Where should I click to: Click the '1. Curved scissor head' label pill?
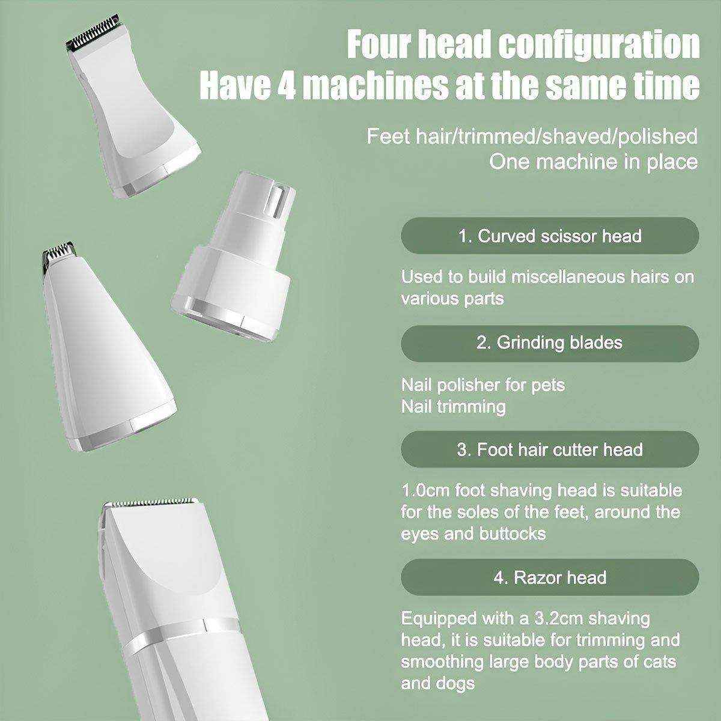[550, 236]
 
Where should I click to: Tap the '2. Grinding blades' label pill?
[550, 342]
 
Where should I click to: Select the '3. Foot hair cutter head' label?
[550, 449]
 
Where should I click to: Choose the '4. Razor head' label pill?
[550, 577]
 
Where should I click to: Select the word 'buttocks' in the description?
[513, 533]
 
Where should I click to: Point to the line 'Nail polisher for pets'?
[483, 385]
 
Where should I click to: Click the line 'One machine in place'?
[593, 162]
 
